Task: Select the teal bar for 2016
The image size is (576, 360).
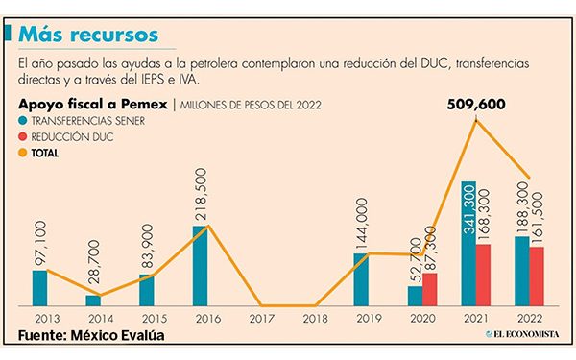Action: [200, 265]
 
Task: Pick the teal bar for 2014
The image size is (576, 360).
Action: [93, 300]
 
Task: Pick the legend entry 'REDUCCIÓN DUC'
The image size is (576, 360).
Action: [65, 136]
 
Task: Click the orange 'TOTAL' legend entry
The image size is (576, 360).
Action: [42, 152]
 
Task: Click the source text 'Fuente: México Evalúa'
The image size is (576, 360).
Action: [90, 336]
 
